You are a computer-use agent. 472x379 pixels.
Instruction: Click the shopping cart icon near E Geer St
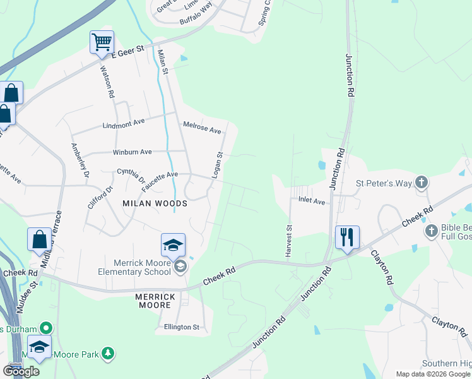point(102,42)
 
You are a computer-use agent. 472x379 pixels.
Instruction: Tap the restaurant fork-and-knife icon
point(347,237)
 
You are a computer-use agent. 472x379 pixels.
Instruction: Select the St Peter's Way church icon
point(422,183)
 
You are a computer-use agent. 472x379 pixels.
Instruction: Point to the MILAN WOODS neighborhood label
point(155,203)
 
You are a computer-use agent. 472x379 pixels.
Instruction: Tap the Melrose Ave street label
point(202,128)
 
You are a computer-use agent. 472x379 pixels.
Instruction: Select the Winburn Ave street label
point(132,152)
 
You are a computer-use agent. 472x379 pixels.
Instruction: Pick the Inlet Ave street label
point(311,202)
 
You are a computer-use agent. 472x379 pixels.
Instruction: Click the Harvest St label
point(289,241)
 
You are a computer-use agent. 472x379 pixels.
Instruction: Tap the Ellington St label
point(182,327)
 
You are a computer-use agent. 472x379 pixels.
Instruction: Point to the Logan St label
point(216,164)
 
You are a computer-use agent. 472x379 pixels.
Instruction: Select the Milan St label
point(163,62)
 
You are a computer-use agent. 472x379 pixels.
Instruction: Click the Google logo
point(21,371)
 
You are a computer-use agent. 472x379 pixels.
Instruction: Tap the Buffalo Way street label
point(196,21)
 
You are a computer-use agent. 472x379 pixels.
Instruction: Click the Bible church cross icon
point(432,230)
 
